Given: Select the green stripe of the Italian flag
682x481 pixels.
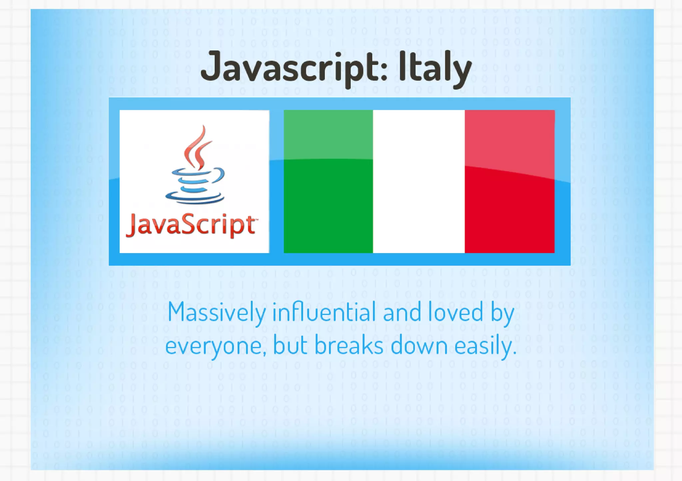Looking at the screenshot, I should point(328,181).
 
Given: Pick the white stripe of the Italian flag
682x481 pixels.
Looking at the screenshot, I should point(419,181).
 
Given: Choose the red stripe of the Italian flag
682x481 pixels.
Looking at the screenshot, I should point(510,181).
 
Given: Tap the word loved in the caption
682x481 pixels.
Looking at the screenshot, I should point(455,312).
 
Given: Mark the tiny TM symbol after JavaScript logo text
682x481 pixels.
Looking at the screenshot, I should point(256,219).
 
